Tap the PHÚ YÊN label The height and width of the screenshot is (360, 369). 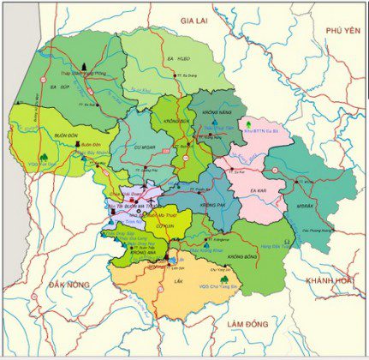[340, 29]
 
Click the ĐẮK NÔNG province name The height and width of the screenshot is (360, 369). [66, 283]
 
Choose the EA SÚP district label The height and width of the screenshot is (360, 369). [59, 87]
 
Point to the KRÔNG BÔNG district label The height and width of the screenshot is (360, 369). [243, 256]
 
